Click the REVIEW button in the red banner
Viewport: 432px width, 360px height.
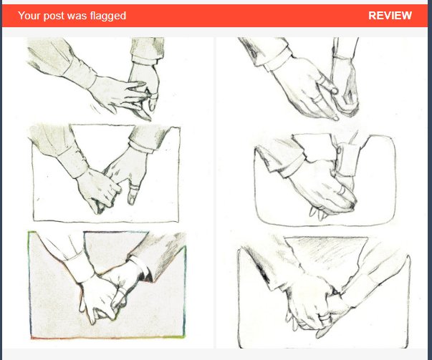(390, 16)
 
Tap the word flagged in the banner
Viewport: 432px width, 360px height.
(107, 16)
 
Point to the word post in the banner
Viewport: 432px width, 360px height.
(54, 16)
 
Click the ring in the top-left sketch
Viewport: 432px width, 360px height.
(153, 97)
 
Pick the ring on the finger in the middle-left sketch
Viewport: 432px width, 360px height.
(135, 188)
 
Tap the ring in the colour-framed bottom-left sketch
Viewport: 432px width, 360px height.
(121, 291)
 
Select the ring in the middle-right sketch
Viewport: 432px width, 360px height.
(342, 190)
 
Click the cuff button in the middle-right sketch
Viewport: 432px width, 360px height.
(340, 150)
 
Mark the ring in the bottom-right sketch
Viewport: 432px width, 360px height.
(325, 318)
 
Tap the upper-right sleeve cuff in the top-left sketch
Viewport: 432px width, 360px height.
(144, 59)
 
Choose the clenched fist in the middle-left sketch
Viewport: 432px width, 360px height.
(98, 190)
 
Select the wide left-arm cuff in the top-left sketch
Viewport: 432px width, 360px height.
(80, 75)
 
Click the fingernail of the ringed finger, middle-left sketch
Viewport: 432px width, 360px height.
(132, 200)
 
